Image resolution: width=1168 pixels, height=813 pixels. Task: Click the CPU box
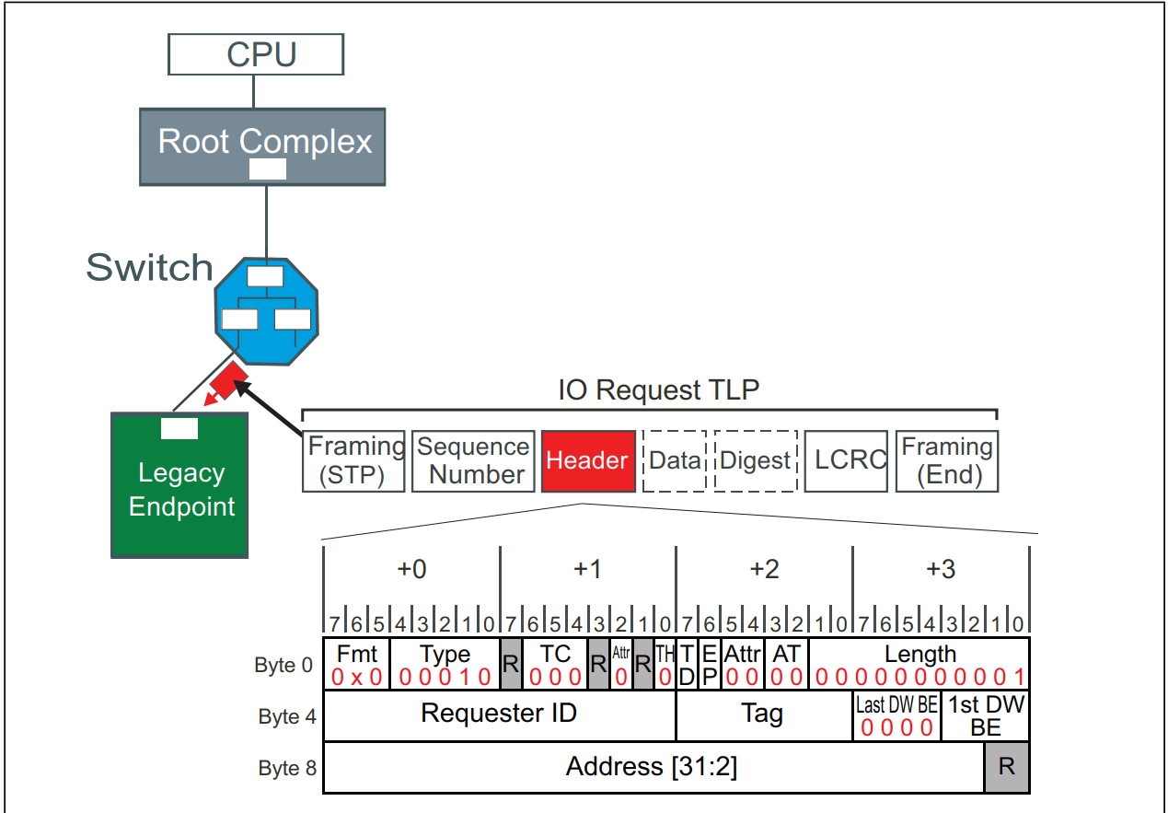pyautogui.click(x=255, y=55)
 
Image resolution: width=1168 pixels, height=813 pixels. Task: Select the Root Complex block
pyautogui.click(x=262, y=146)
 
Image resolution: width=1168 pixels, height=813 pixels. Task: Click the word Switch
pyautogui.click(x=149, y=267)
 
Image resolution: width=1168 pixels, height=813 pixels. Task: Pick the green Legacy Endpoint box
pyautogui.click(x=179, y=485)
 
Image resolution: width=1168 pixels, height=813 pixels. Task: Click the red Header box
pyautogui.click(x=588, y=460)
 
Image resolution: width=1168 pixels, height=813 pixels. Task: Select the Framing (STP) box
pyautogui.click(x=353, y=460)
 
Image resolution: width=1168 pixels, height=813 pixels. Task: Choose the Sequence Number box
pyautogui.click(x=473, y=460)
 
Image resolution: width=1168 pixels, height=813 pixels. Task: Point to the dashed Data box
pyautogui.click(x=674, y=460)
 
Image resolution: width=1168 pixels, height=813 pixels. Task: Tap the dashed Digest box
pyautogui.click(x=756, y=460)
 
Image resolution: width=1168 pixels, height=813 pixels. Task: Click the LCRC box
pyautogui.click(x=846, y=460)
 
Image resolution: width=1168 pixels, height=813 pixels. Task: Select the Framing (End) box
pyautogui.click(x=946, y=460)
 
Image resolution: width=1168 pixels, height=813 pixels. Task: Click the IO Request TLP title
pyautogui.click(x=658, y=389)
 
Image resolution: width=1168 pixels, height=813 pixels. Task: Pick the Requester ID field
pyautogui.click(x=499, y=714)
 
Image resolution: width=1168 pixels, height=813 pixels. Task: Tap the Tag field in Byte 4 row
pyautogui.click(x=763, y=714)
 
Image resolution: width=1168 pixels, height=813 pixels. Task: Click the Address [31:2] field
pyautogui.click(x=652, y=766)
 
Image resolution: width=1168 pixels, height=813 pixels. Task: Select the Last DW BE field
pyautogui.click(x=896, y=716)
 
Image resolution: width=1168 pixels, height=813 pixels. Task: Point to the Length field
pyautogui.click(x=919, y=663)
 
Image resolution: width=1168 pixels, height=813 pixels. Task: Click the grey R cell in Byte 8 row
pyautogui.click(x=1007, y=767)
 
